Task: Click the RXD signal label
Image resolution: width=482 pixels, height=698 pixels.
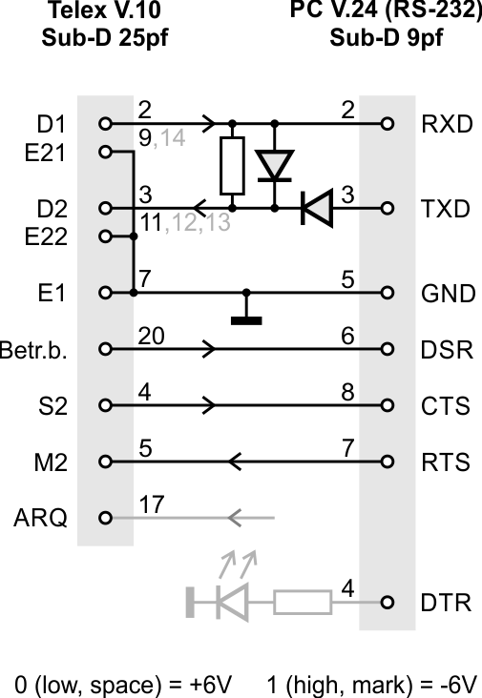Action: click(x=447, y=124)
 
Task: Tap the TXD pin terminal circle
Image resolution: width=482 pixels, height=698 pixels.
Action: click(x=388, y=208)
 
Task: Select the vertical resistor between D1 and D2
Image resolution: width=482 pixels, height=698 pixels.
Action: click(x=232, y=166)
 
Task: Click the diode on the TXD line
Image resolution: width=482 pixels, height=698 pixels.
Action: click(x=317, y=208)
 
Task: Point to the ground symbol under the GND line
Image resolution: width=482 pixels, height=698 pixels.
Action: click(x=246, y=320)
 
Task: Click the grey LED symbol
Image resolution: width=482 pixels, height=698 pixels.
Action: click(x=232, y=603)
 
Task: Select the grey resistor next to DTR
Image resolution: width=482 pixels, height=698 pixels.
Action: click(x=303, y=603)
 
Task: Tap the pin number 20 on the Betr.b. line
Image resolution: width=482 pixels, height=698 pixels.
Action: click(x=151, y=336)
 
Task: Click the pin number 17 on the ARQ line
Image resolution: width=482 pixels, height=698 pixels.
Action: click(x=152, y=504)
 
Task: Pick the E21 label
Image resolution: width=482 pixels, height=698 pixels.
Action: click(x=45, y=154)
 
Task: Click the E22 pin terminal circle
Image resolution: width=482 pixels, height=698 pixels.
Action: click(x=105, y=236)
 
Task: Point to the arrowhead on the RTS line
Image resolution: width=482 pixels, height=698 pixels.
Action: click(x=235, y=462)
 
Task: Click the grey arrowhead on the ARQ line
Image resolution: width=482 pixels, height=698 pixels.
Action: click(x=235, y=518)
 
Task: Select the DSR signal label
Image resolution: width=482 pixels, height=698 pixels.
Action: click(x=447, y=350)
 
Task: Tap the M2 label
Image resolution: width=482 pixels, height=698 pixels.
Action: click(x=51, y=462)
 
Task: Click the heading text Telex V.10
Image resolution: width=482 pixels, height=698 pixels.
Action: click(x=104, y=10)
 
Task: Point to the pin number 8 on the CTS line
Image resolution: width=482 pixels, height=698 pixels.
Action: click(x=348, y=392)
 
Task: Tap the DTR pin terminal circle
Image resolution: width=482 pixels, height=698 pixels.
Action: click(x=388, y=603)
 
